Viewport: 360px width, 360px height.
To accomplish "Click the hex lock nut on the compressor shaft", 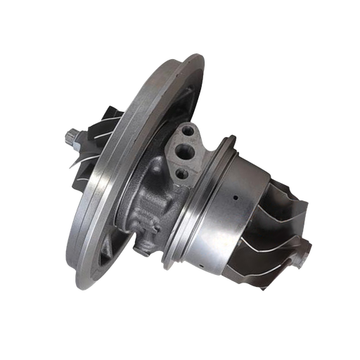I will click(x=74, y=135).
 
